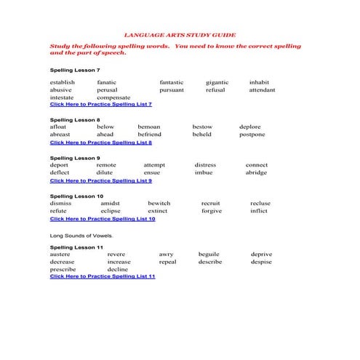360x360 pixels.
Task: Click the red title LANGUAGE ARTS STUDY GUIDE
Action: click(180, 34)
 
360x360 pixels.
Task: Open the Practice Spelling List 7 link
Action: click(100, 104)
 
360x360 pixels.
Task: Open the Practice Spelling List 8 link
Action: click(100, 143)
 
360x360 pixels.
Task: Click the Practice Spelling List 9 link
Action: click(100, 180)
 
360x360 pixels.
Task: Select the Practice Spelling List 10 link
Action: click(102, 218)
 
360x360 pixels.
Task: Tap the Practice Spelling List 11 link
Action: click(102, 276)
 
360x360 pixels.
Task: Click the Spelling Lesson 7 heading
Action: click(74, 70)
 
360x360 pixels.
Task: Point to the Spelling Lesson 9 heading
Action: click(74, 158)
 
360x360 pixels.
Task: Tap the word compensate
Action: click(113, 97)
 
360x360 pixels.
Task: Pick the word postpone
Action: click(252, 135)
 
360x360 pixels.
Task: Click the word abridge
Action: click(256, 172)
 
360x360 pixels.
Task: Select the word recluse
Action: click(260, 203)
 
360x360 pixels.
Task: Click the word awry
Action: click(166, 255)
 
